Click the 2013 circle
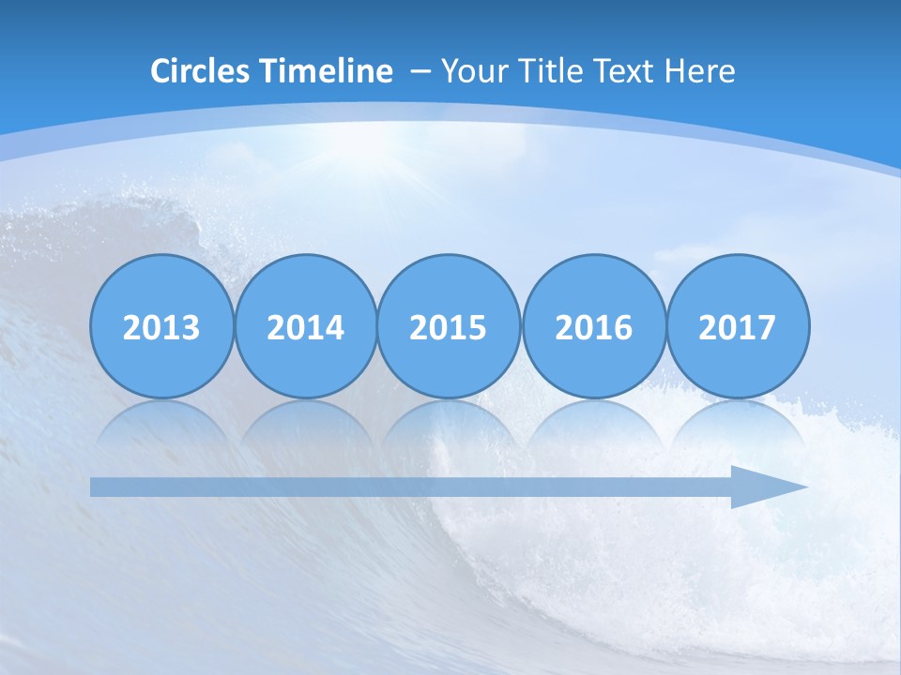[x=161, y=326]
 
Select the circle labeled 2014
[x=305, y=326]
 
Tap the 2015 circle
[x=449, y=326]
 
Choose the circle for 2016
[x=593, y=326]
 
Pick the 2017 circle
[x=737, y=326]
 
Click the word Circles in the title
[x=202, y=71]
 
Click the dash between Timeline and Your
[x=420, y=72]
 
